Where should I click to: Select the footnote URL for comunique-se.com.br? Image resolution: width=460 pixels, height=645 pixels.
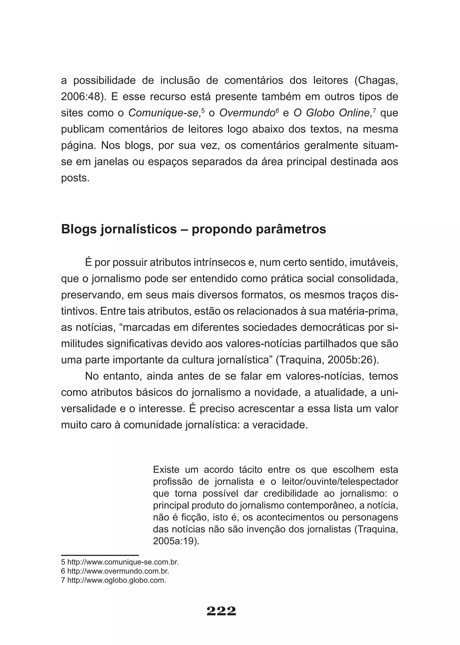pos(123,562)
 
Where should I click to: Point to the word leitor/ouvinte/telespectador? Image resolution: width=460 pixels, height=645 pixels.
pos(340,482)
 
